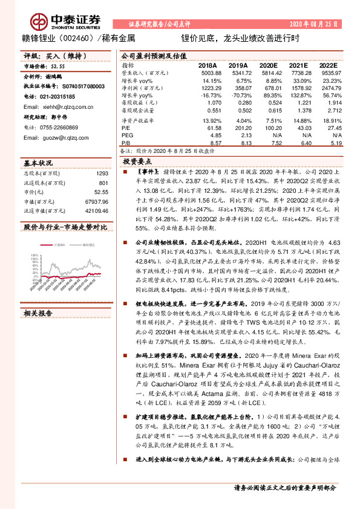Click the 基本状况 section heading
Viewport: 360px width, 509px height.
pyautogui.click(x=38, y=163)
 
